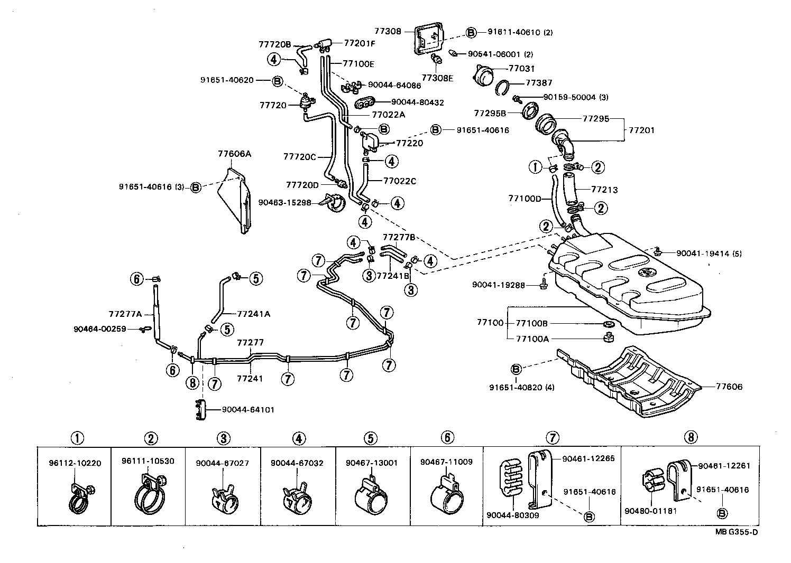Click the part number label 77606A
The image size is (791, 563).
234,154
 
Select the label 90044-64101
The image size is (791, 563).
248,409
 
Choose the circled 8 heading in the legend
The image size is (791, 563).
690,437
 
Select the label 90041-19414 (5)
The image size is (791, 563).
709,254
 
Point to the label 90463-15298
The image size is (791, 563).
285,202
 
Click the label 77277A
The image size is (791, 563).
125,314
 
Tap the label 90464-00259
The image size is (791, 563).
100,329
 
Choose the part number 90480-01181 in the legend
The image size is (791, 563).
651,511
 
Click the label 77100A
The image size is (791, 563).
531,339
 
